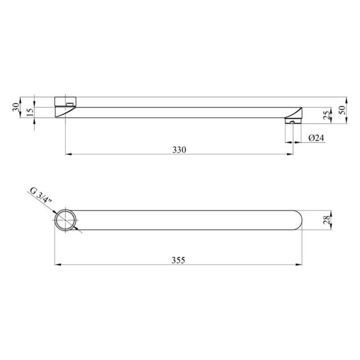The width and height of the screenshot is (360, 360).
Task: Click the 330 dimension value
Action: point(179,150)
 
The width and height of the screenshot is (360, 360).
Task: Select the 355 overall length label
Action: point(178,260)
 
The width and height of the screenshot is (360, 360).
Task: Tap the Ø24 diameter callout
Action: point(316,138)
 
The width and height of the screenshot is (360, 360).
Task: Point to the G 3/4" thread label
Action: point(41,196)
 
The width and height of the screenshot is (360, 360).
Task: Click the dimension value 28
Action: point(327,220)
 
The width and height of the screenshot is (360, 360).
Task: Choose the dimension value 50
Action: point(342,110)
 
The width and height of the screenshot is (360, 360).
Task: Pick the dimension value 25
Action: point(327,115)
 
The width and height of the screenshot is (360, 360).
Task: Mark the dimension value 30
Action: point(16,107)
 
